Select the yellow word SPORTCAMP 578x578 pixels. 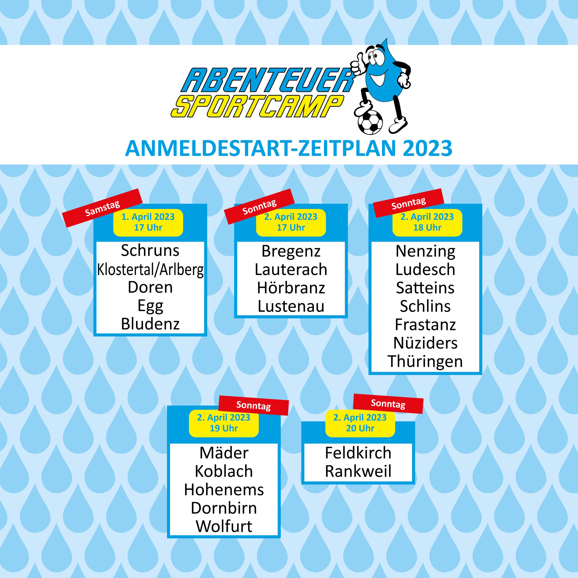click(257, 106)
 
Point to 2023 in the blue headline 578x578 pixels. click(427, 148)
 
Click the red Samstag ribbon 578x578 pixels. click(102, 208)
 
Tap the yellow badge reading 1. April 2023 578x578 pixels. click(148, 222)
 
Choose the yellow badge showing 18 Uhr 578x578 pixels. click(427, 222)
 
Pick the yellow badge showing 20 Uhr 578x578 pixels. click(360, 423)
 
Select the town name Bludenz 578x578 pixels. click(150, 324)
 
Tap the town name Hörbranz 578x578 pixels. click(291, 288)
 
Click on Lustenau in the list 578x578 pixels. click(291, 306)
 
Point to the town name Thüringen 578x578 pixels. click(425, 362)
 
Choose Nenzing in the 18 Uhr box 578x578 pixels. click(425, 252)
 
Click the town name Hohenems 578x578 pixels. click(224, 490)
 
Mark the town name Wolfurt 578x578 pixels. click(224, 527)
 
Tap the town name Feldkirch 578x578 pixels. click(358, 453)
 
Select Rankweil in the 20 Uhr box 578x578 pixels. click(358, 471)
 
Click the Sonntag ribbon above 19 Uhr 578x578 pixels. click(253, 406)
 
